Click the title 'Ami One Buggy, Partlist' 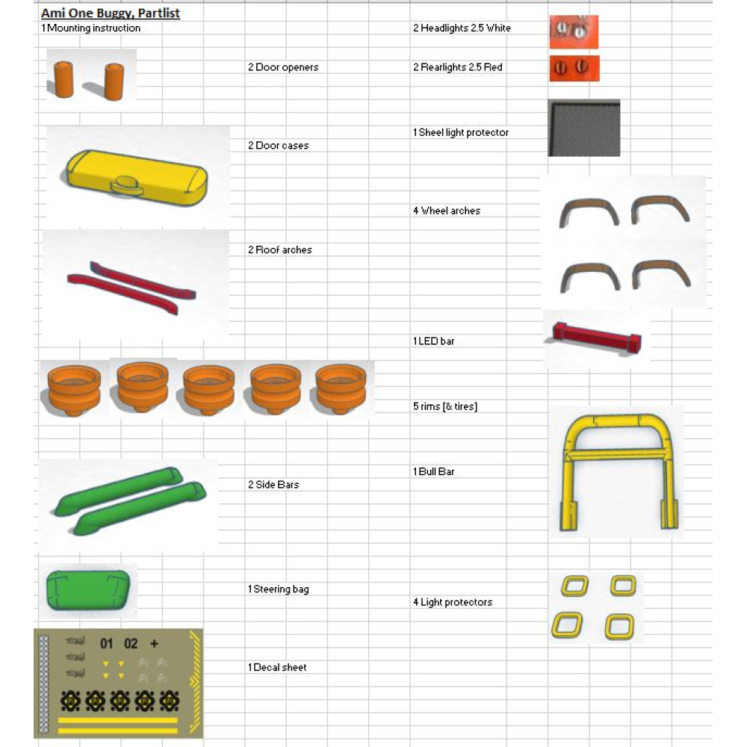(111, 13)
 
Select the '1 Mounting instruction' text (91, 28)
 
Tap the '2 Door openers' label (284, 67)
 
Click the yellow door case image (137, 176)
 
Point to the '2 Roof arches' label (280, 250)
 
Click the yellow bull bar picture (617, 471)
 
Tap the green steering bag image (89, 589)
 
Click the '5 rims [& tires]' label (445, 407)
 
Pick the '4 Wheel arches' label (447, 211)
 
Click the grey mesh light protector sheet (584, 128)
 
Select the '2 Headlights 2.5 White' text (462, 28)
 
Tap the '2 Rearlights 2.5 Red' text (458, 67)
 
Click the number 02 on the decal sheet (131, 643)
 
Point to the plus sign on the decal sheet (154, 643)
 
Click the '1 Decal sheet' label (278, 668)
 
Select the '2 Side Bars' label (273, 485)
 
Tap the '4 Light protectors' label (453, 603)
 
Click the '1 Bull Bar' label (434, 472)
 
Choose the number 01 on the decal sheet (107, 643)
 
